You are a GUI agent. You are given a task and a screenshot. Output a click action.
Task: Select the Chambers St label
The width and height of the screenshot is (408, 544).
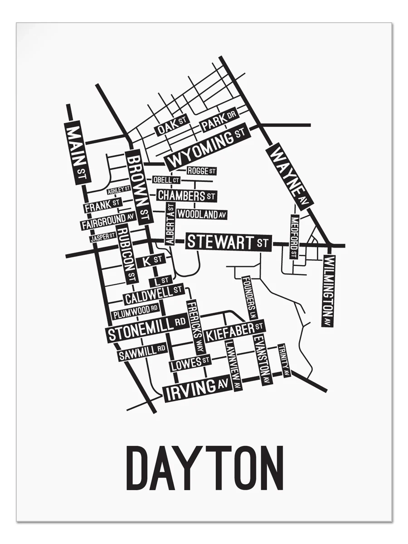click(x=186, y=196)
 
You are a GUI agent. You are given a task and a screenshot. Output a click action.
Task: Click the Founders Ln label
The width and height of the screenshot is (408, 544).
click(x=249, y=297)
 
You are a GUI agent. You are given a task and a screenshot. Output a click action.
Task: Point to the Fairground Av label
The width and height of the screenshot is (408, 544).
click(x=108, y=221)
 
